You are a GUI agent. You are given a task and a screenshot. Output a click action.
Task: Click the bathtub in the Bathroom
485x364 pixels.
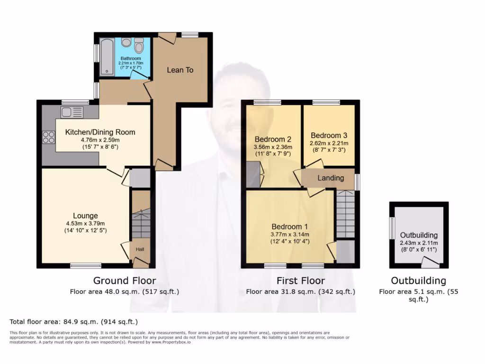(x=108, y=57)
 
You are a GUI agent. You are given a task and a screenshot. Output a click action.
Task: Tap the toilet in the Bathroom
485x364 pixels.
(x=139, y=46)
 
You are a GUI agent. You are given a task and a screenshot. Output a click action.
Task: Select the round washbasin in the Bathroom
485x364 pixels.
(x=126, y=43)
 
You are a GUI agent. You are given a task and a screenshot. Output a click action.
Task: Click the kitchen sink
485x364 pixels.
(x=72, y=112)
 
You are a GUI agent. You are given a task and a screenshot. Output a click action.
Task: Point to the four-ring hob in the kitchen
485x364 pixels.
(x=48, y=137)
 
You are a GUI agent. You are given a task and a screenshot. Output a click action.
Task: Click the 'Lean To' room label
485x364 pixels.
(x=180, y=70)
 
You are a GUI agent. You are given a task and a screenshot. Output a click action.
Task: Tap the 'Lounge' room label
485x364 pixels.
(x=85, y=216)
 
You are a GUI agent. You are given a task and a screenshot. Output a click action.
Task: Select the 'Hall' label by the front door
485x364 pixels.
(x=140, y=249)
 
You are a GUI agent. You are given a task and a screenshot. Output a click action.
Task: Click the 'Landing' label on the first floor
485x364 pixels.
(x=331, y=178)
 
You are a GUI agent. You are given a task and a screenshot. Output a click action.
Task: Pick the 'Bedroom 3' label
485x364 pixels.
(x=329, y=135)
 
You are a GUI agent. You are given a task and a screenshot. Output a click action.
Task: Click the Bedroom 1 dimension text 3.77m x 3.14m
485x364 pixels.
(x=290, y=234)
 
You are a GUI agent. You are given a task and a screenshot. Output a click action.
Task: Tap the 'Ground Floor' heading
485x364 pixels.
(x=124, y=281)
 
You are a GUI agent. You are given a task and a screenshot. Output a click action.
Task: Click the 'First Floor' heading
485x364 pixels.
(x=300, y=281)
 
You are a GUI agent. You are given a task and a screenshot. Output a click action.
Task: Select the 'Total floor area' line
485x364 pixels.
(x=73, y=322)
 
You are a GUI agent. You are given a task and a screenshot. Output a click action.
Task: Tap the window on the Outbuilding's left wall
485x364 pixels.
(x=392, y=228)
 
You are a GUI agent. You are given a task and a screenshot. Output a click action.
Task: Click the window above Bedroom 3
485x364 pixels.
(x=325, y=102)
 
